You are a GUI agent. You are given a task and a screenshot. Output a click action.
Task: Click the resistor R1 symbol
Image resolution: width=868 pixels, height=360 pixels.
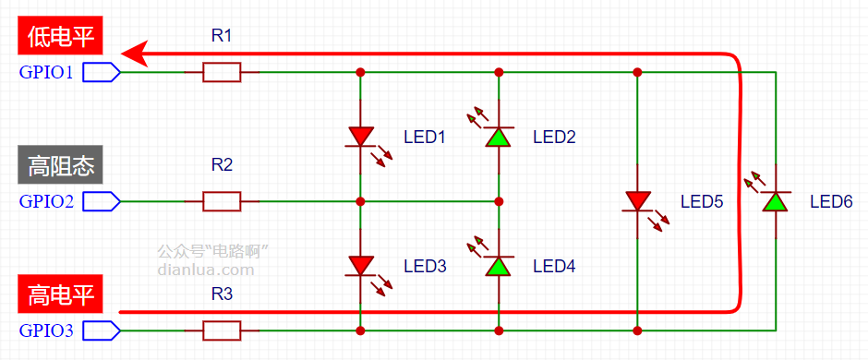[222, 72]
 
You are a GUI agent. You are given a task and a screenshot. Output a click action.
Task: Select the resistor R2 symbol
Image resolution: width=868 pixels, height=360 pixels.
[222, 201]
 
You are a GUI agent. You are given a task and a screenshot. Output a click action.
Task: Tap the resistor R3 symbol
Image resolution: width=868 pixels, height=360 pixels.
[222, 330]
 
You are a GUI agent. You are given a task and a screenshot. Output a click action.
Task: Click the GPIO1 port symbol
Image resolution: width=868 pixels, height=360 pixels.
[102, 72]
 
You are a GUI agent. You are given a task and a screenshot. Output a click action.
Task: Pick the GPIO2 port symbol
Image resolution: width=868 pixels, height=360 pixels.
[102, 201]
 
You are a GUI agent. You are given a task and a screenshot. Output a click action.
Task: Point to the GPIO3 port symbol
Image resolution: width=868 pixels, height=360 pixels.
[102, 330]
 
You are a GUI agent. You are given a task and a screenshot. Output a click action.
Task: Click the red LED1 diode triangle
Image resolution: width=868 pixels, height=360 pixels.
[360, 136]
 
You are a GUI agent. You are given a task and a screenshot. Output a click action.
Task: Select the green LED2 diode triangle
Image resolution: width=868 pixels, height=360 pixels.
[499, 137]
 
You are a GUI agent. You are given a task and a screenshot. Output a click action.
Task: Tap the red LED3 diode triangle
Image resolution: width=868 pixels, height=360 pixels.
[360, 266]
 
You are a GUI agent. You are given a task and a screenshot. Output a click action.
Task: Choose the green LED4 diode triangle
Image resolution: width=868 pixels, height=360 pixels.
[499, 266]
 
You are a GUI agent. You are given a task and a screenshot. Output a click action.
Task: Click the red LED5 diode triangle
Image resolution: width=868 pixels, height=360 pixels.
[637, 200]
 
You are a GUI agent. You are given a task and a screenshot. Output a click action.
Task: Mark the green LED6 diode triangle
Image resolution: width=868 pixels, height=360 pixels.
[775, 201]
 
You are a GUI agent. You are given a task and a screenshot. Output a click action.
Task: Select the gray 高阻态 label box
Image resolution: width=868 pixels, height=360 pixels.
[61, 165]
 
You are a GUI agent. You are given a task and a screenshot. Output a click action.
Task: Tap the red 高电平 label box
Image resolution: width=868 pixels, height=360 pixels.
[61, 294]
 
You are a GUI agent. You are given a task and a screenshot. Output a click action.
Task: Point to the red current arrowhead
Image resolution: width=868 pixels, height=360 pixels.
[135, 54]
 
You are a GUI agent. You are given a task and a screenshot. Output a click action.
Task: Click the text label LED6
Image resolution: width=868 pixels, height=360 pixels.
[831, 201]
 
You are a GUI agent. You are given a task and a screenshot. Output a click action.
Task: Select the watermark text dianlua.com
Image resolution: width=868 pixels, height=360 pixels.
[206, 270]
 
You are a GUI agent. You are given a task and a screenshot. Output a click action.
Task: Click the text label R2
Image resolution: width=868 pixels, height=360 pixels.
[222, 165]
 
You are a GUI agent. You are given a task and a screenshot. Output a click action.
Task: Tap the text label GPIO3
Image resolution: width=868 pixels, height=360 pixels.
[46, 330]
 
